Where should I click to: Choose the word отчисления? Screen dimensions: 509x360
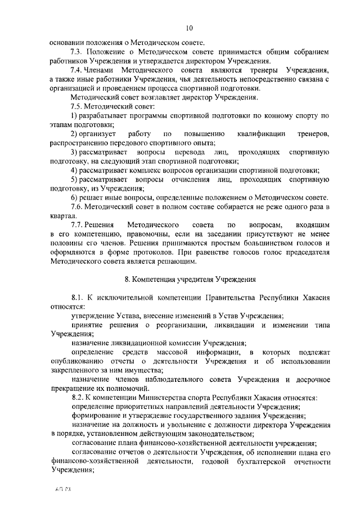197,179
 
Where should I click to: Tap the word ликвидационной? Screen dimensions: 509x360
130,343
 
